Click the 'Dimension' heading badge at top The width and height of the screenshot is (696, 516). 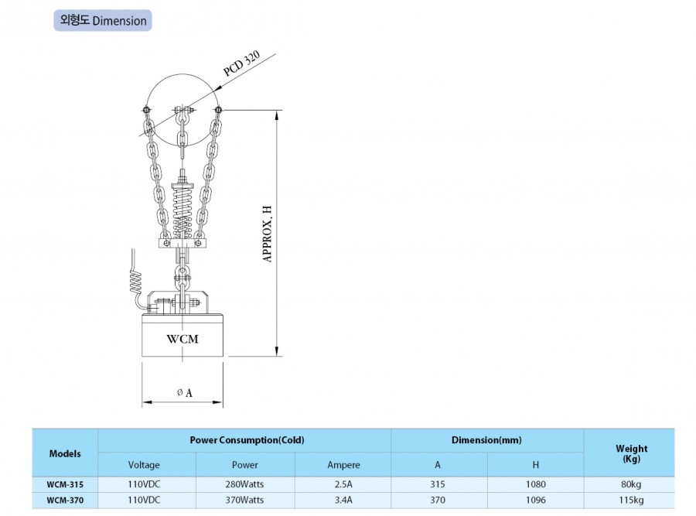[103, 20]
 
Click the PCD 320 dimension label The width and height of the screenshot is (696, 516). [241, 63]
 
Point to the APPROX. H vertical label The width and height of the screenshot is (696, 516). [268, 234]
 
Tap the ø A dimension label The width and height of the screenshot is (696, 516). [185, 392]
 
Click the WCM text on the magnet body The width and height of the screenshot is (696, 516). [183, 339]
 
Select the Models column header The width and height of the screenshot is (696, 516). [65, 453]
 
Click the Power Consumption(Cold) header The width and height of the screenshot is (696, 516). [247, 440]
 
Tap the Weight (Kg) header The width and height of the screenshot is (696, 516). [631, 453]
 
